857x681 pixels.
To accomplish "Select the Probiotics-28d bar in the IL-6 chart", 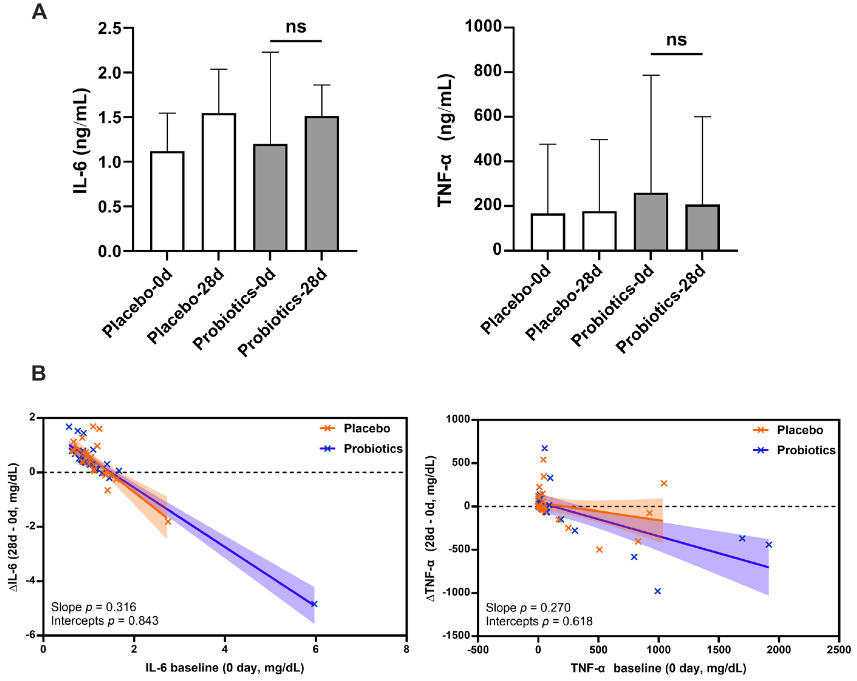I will pos(322,184).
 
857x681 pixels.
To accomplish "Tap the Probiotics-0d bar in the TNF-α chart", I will pos(651,222).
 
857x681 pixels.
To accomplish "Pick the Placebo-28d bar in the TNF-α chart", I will pos(599,231).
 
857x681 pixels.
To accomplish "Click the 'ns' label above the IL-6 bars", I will pos(296,27).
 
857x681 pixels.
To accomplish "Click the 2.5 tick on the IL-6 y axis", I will pos(110,28).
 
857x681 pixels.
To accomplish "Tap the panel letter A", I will pos(39,12).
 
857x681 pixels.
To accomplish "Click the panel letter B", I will pos(39,374).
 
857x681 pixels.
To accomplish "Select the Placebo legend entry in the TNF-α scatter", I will pos(799,430).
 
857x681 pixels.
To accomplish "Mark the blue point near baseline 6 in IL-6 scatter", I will pos(314,604).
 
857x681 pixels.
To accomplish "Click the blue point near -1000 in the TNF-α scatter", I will pos(657,591).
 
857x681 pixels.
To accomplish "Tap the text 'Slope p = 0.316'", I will pos(94,607).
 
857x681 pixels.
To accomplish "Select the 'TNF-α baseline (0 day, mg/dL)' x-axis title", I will pos(658,668).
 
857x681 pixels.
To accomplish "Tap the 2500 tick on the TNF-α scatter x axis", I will pos(839,650).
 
